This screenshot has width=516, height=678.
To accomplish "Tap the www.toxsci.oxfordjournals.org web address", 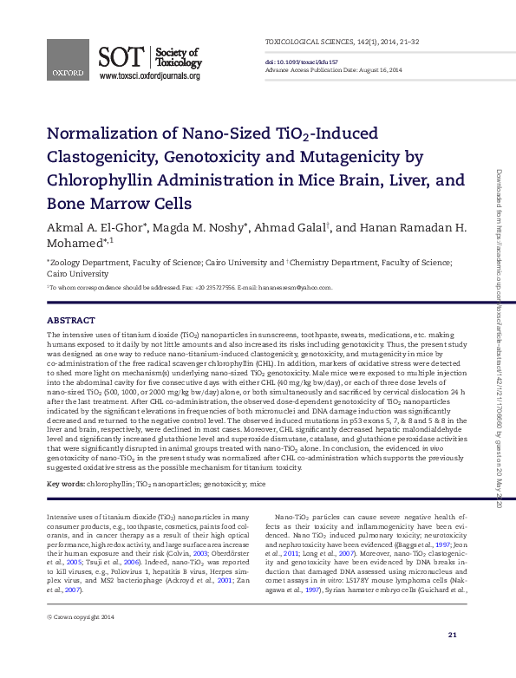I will point(150,76).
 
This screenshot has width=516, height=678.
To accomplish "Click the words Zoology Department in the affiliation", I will point(86,260).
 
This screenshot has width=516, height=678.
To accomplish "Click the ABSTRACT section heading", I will point(70,320).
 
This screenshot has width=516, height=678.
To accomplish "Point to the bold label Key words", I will point(65,483).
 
